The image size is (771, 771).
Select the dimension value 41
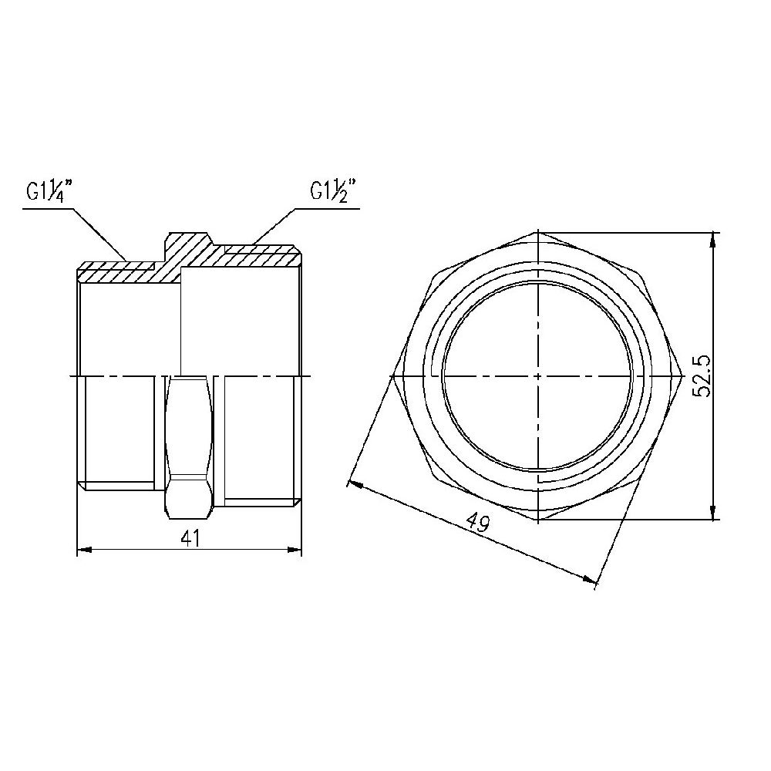[190, 538]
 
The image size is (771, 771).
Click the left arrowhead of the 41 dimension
[85, 550]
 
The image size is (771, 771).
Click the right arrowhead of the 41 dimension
[294, 550]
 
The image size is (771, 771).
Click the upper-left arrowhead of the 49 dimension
[355, 485]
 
